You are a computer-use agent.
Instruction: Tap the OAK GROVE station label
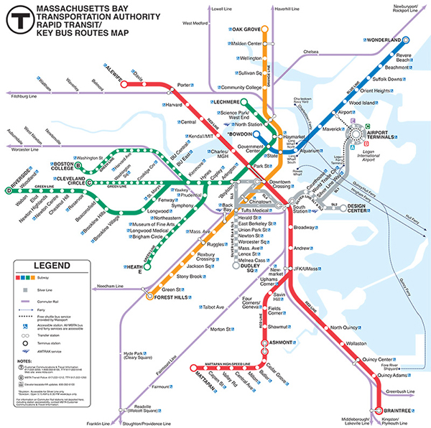click(x=246, y=29)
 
